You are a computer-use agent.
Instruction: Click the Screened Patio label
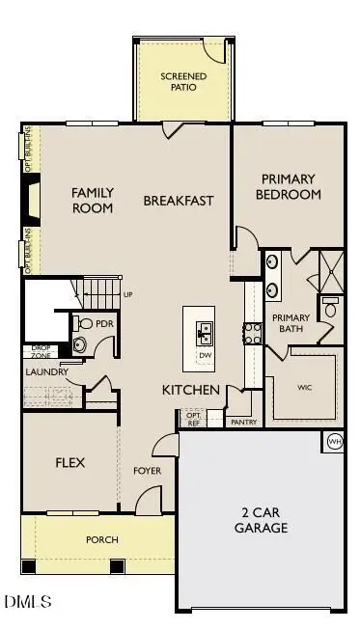(x=179, y=81)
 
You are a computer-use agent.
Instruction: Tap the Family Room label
(x=93, y=201)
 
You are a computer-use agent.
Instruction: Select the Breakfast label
(x=179, y=201)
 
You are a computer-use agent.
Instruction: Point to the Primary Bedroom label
(x=288, y=186)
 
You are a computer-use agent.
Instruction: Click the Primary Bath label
(x=291, y=323)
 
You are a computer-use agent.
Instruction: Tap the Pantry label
(x=239, y=422)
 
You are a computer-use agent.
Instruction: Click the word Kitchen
(x=191, y=390)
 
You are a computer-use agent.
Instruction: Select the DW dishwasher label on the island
(x=205, y=355)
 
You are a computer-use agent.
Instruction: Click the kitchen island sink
(x=205, y=333)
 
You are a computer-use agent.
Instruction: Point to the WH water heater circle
(x=334, y=442)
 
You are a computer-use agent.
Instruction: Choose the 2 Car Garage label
(x=261, y=520)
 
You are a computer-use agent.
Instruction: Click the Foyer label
(x=147, y=471)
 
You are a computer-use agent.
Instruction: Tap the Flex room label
(x=69, y=463)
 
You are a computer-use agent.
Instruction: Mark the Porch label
(x=101, y=540)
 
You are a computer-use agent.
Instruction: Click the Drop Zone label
(x=42, y=351)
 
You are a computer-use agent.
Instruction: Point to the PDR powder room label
(x=103, y=324)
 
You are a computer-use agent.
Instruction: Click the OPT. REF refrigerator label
(x=192, y=419)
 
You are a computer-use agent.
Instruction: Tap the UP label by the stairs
(x=127, y=294)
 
